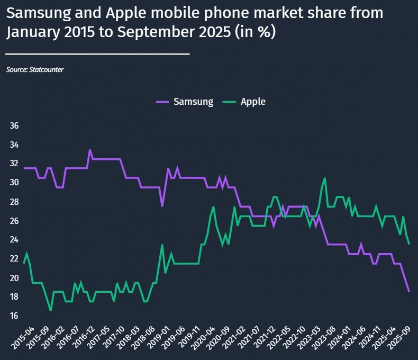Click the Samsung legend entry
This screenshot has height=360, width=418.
(x=185, y=102)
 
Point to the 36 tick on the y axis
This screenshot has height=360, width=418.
(x=14, y=126)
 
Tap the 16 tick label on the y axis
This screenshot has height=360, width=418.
(x=14, y=316)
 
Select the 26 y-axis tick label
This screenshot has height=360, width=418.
(x=14, y=221)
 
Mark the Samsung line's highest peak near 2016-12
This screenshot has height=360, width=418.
(x=90, y=150)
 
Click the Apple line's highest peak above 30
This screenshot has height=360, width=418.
(x=324, y=178)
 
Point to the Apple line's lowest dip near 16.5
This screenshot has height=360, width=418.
(x=51, y=310)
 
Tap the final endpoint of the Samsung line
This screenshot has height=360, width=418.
(x=408, y=291)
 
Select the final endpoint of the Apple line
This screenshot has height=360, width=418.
(x=408, y=244)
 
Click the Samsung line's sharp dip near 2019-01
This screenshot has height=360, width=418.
(x=162, y=205)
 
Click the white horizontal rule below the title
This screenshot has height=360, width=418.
(x=97, y=53)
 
